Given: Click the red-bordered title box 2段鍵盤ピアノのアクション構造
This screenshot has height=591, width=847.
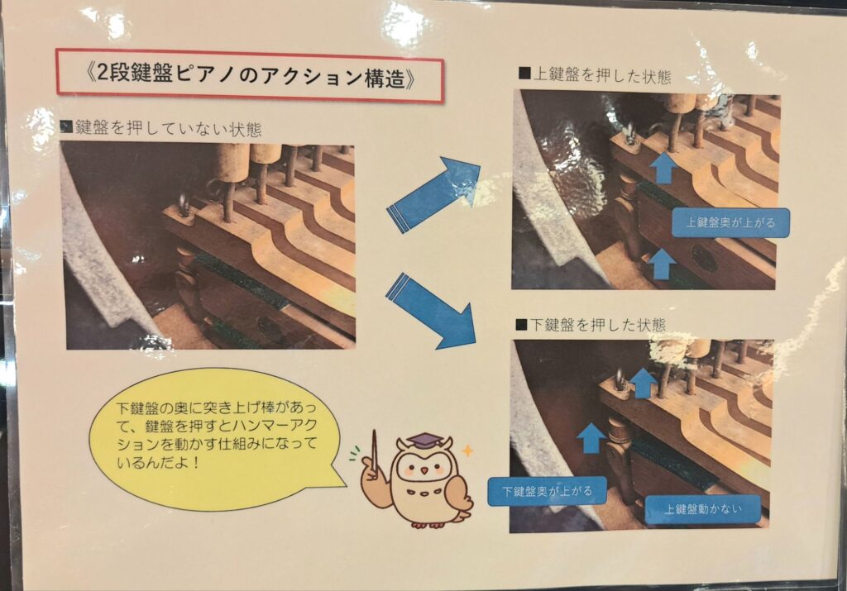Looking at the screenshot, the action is (250, 77).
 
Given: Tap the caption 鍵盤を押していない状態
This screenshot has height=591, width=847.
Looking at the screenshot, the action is (161, 128).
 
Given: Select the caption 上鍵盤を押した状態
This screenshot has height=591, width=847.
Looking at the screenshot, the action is (595, 75).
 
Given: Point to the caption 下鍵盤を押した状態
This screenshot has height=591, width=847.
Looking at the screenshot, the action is (591, 324).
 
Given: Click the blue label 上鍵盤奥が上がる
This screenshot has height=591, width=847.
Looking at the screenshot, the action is (730, 222).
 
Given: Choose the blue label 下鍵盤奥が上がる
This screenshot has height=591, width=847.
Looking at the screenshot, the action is (547, 492).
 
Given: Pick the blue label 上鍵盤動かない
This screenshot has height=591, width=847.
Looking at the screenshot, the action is (702, 509).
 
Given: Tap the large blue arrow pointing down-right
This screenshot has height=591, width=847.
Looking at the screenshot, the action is (432, 312).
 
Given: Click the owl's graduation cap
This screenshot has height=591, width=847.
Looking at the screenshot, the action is (423, 440).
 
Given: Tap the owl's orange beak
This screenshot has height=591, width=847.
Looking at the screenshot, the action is (424, 470).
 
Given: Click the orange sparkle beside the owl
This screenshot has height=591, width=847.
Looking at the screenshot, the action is (468, 450).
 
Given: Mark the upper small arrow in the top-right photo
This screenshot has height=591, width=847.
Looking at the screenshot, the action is (663, 168).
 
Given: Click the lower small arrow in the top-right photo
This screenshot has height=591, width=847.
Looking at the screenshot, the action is (661, 263).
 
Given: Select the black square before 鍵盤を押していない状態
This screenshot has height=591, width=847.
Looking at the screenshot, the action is (66, 127).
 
